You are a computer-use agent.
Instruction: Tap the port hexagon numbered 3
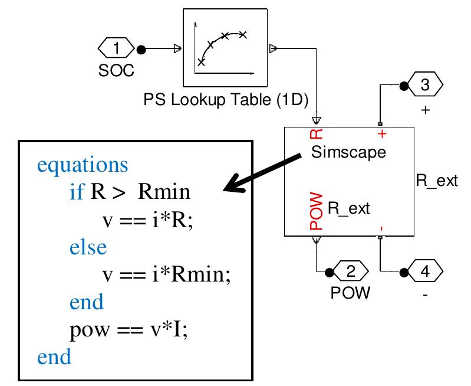pos(424,86)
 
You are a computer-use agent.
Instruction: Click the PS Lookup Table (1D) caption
pos(226,100)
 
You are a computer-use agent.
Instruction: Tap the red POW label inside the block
pos(316,212)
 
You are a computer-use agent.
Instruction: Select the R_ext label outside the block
pos(436,181)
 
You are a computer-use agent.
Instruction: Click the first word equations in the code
pos(83,165)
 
